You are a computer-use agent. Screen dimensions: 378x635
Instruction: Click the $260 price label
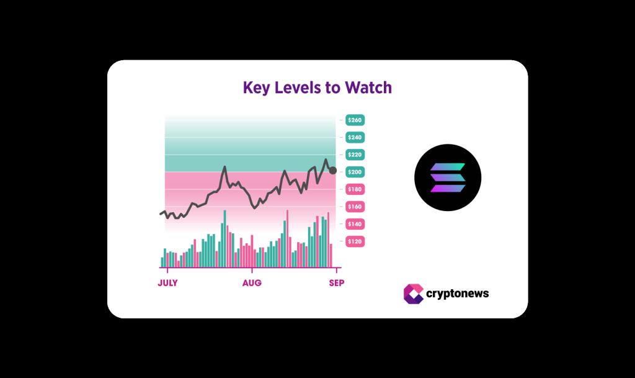tap(355, 120)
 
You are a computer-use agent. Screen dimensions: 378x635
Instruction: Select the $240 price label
tap(355, 137)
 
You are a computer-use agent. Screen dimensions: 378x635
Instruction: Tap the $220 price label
tap(355, 155)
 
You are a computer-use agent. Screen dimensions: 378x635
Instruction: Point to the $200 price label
tap(355, 172)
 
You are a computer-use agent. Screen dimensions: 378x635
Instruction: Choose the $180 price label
tap(355, 189)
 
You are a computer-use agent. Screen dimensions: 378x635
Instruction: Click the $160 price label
tap(355, 207)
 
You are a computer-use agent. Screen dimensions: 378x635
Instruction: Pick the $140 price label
tap(355, 224)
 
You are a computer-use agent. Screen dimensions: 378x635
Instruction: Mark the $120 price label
tap(355, 241)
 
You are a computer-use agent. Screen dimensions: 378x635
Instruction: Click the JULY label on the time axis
tap(167, 283)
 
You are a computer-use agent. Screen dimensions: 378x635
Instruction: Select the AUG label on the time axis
tap(252, 283)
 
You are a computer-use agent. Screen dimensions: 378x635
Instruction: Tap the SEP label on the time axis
tap(336, 283)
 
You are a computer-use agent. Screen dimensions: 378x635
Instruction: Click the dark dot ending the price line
tap(333, 171)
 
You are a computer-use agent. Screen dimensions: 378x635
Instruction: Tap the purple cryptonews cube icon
tap(414, 294)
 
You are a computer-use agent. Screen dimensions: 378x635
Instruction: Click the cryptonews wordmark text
tap(458, 294)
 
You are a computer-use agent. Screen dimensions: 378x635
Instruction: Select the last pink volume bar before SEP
tap(331, 255)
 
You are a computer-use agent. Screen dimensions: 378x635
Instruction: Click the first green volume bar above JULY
tap(162, 262)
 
